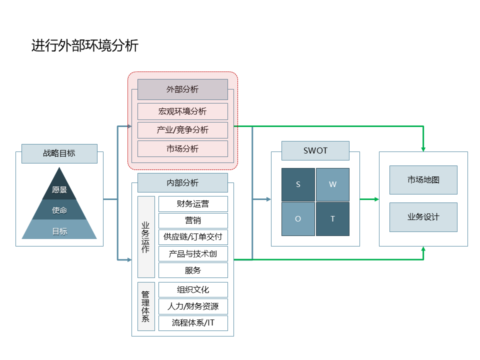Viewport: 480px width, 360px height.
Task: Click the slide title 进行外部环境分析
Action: [x=85, y=46]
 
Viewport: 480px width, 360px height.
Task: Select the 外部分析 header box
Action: [x=182, y=89]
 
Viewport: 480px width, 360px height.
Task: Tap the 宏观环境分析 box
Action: [x=182, y=111]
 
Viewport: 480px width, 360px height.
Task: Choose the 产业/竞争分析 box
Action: [x=182, y=130]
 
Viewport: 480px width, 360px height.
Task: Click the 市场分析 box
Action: [x=182, y=148]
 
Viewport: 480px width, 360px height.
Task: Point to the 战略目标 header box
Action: [x=59, y=153]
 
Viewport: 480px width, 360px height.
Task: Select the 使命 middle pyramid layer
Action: [x=59, y=210]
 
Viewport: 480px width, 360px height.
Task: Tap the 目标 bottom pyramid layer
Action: [x=59, y=231]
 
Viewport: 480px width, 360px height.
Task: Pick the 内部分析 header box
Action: [x=182, y=183]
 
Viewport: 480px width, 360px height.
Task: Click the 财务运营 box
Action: [x=193, y=203]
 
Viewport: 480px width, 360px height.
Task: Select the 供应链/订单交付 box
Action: [x=193, y=236]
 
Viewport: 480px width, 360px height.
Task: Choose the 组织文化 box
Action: [x=193, y=289]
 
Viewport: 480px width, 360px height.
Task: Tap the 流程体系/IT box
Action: [x=193, y=322]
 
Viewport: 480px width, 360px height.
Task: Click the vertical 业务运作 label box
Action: [x=146, y=237]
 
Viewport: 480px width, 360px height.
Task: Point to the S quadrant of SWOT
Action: [x=298, y=184]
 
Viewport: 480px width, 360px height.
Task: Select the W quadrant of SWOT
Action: [x=332, y=184]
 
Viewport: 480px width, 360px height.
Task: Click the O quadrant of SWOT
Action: [x=298, y=218]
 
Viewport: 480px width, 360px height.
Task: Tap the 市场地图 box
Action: [x=423, y=180]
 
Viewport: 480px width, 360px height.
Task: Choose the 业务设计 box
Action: [x=423, y=217]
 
